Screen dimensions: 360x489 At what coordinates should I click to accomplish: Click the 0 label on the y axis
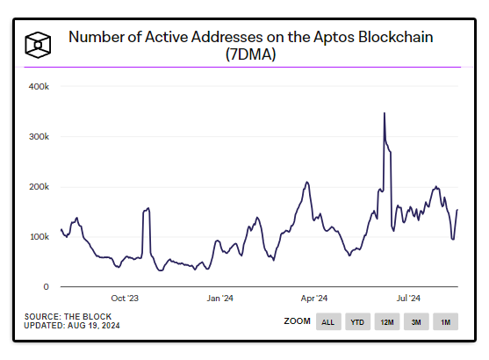46,287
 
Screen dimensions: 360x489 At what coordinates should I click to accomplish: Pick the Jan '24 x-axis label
219,298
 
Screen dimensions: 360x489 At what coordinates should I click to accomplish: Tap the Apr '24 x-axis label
314,298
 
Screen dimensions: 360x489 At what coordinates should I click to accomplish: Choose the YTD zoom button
357,322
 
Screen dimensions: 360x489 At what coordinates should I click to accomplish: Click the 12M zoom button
386,322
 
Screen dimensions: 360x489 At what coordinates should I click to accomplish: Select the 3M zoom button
416,322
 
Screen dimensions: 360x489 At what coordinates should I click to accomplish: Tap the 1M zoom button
445,322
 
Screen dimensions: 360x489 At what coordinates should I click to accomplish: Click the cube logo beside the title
38,43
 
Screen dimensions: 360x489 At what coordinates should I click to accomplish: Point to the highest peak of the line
385,113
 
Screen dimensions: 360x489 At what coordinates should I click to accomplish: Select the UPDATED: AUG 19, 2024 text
72,326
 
